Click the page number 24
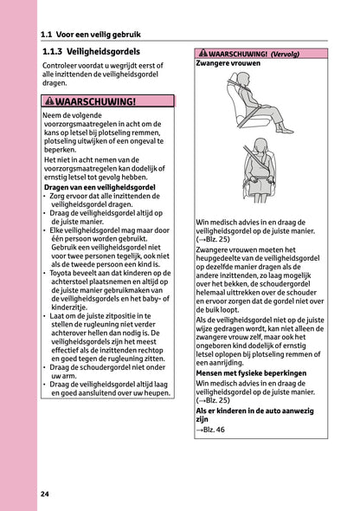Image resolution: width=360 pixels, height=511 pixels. pyautogui.click(x=44, y=494)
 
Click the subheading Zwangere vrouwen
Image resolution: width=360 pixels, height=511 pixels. pyautogui.click(x=226, y=63)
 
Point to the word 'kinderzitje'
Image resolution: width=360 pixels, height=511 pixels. pyautogui.click(x=71, y=306)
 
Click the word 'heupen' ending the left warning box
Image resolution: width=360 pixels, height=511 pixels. pyautogui.click(x=155, y=392)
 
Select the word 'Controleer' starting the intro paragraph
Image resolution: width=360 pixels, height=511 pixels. pyautogui.click(x=61, y=66)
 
